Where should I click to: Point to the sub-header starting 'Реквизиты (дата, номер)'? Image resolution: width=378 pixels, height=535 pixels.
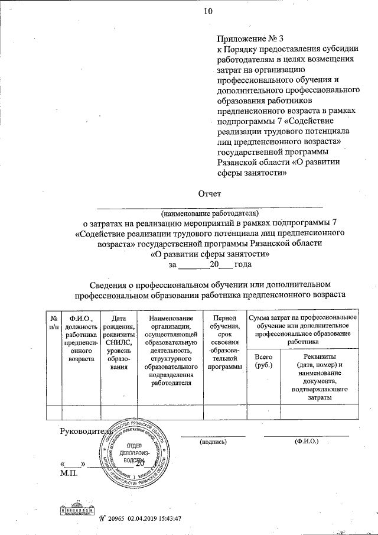320,377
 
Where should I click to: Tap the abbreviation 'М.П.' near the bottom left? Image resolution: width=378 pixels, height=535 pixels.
68,473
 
